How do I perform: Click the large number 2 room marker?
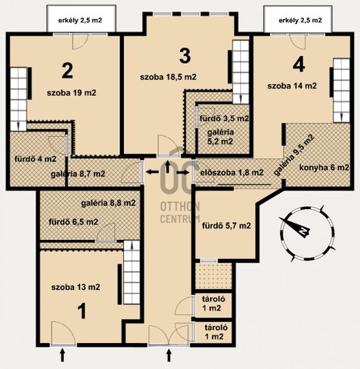tap(68, 71)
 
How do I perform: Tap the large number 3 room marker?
tap(185, 56)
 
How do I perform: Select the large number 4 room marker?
tap(298, 65)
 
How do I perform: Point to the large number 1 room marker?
tap(82, 311)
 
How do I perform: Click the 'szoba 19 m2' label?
tap(72, 93)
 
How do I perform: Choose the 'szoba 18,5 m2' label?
tap(168, 77)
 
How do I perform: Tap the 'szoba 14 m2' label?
tap(292, 86)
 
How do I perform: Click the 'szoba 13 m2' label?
tap(75, 287)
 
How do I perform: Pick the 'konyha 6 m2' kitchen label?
tap(324, 168)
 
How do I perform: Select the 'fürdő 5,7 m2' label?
tap(226, 226)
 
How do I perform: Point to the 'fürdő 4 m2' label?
tap(35, 159)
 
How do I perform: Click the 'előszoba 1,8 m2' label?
tap(232, 172)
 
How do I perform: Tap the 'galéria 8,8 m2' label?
tap(108, 203)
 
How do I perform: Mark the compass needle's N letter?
tap(304, 231)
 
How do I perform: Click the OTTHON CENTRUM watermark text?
tap(180, 212)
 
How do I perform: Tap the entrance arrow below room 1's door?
tap(62, 355)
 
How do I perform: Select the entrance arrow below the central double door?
tap(168, 355)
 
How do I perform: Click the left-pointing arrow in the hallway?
tap(152, 172)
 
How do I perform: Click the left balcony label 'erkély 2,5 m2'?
tap(80, 20)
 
